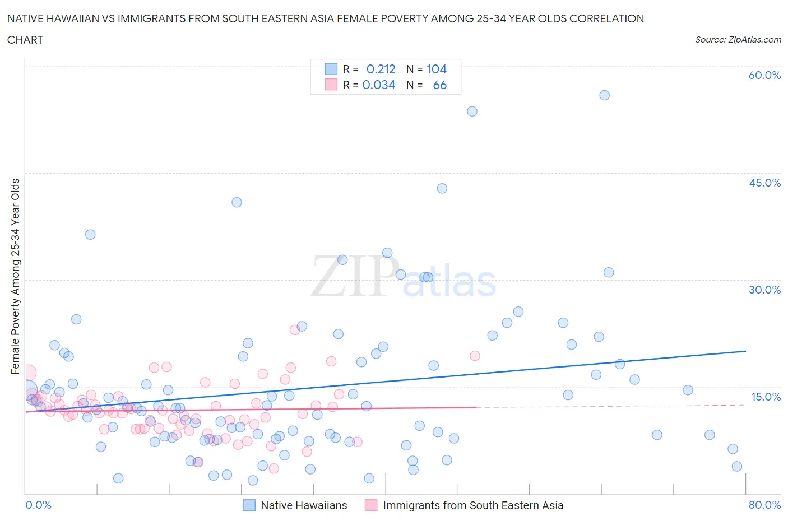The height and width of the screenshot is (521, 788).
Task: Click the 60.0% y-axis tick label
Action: point(764,75)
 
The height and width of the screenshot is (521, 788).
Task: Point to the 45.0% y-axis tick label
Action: point(764,183)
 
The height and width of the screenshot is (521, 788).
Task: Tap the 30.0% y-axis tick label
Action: point(764,290)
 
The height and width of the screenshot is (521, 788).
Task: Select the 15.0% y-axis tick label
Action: point(766,397)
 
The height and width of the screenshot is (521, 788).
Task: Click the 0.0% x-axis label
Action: point(38,505)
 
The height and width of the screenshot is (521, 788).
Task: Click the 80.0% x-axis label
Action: point(764,505)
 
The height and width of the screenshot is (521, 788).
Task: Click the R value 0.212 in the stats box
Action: point(381,69)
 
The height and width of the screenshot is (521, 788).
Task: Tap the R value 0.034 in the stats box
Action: point(379,85)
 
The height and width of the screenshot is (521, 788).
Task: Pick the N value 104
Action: point(437,69)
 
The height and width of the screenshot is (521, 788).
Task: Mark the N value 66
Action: point(440,85)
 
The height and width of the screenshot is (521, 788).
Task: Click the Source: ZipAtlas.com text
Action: point(738,39)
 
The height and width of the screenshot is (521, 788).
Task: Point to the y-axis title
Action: point(15,276)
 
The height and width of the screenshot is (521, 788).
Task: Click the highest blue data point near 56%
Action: point(604,95)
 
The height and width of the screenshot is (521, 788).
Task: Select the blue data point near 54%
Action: point(472,111)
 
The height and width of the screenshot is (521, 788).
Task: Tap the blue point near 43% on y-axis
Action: point(442,188)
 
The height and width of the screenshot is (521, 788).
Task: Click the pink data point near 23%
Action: point(295,329)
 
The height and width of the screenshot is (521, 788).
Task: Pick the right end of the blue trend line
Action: point(745,351)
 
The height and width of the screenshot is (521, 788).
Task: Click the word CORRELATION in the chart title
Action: point(606,18)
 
